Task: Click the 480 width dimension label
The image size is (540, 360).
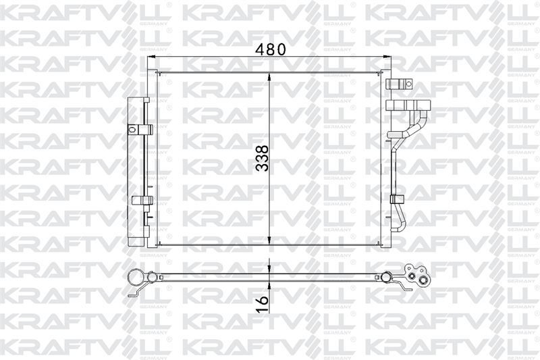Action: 271,49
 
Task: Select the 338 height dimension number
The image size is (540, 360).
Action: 263,159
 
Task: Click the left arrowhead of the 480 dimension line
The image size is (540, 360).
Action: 152,57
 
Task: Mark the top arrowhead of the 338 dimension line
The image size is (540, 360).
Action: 269,77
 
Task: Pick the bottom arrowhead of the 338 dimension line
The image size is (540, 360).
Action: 269,240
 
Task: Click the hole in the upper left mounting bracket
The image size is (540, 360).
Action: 131,130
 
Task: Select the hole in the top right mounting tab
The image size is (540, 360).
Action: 408,83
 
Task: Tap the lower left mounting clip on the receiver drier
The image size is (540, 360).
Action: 142,200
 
